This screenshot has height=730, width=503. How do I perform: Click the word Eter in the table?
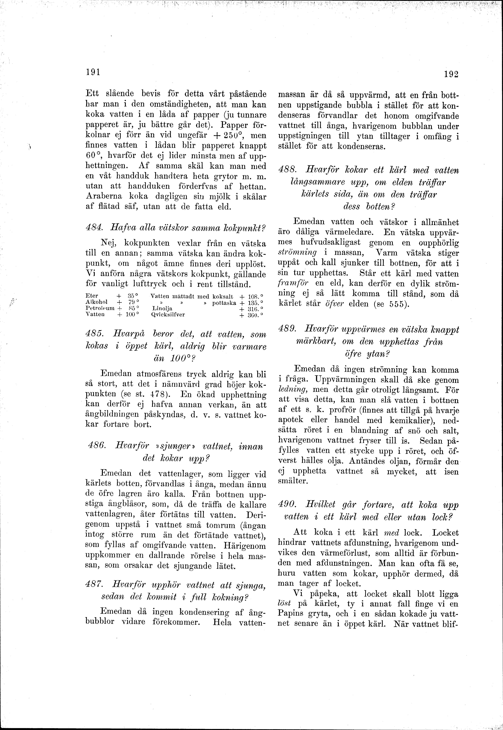pos(92,296)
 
